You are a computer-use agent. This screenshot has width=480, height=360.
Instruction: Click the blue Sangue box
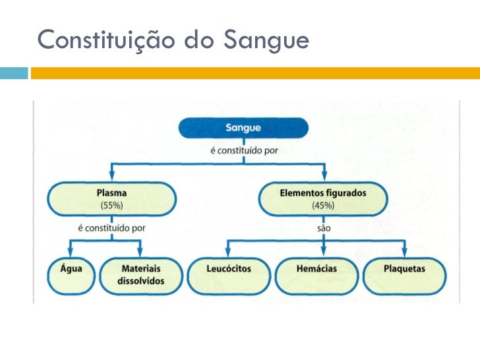(243, 128)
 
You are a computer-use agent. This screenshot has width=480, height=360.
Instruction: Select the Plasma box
(111, 198)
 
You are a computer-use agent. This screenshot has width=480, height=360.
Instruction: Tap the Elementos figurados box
(322, 198)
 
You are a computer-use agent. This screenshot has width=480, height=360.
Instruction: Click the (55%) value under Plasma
(111, 206)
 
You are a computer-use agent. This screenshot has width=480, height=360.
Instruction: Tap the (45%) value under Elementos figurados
(323, 206)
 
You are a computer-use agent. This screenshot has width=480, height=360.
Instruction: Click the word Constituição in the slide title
(107, 41)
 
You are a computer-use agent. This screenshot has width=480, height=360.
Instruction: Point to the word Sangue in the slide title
(266, 41)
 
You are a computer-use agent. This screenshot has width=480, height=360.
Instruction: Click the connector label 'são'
(323, 229)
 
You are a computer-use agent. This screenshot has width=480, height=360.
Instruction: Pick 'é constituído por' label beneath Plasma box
(111, 229)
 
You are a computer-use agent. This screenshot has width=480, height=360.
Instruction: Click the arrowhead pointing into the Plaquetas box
(405, 253)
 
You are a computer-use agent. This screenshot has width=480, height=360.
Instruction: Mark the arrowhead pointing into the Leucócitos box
(228, 253)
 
